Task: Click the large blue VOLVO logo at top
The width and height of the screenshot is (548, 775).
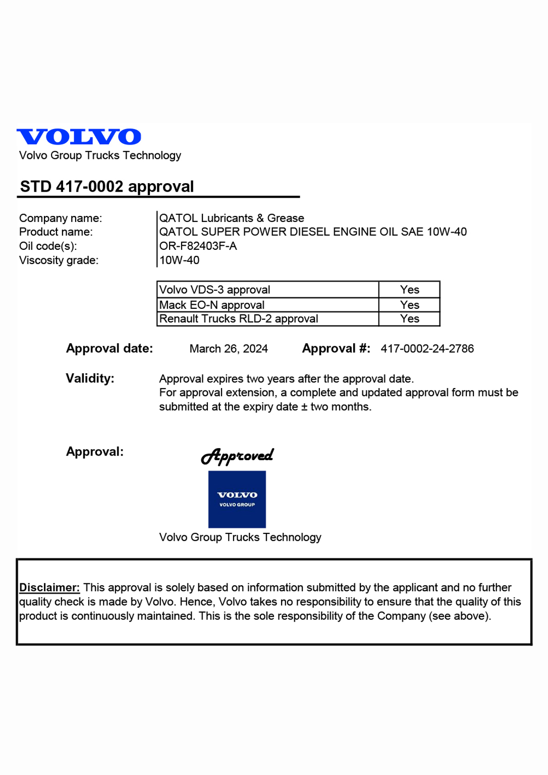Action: click(x=79, y=137)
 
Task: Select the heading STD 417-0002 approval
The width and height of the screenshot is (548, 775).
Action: click(x=107, y=187)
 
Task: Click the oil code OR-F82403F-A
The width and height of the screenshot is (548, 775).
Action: click(x=198, y=246)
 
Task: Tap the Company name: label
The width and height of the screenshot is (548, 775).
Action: click(x=61, y=218)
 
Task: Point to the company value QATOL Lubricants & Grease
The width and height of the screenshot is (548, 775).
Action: click(x=232, y=218)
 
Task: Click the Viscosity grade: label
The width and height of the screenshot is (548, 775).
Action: click(x=59, y=260)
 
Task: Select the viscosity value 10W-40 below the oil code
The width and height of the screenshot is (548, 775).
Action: click(x=179, y=260)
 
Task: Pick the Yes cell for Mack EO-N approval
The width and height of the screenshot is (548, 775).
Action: click(x=409, y=305)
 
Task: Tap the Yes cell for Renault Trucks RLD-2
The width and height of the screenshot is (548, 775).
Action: click(x=409, y=319)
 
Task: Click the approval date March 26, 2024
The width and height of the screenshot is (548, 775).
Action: click(x=229, y=349)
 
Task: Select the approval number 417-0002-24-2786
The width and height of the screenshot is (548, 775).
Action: click(x=427, y=349)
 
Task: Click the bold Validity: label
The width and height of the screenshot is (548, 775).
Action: click(x=90, y=378)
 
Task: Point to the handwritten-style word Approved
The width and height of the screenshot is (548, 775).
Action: click(x=237, y=456)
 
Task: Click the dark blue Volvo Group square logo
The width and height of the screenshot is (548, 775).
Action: click(x=237, y=499)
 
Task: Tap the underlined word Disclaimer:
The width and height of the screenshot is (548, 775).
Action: click(x=49, y=587)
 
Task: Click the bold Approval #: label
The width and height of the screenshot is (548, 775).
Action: click(x=336, y=349)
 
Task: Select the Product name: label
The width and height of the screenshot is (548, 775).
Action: click(x=56, y=232)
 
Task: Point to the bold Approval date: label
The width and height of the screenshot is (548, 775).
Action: click(x=109, y=349)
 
